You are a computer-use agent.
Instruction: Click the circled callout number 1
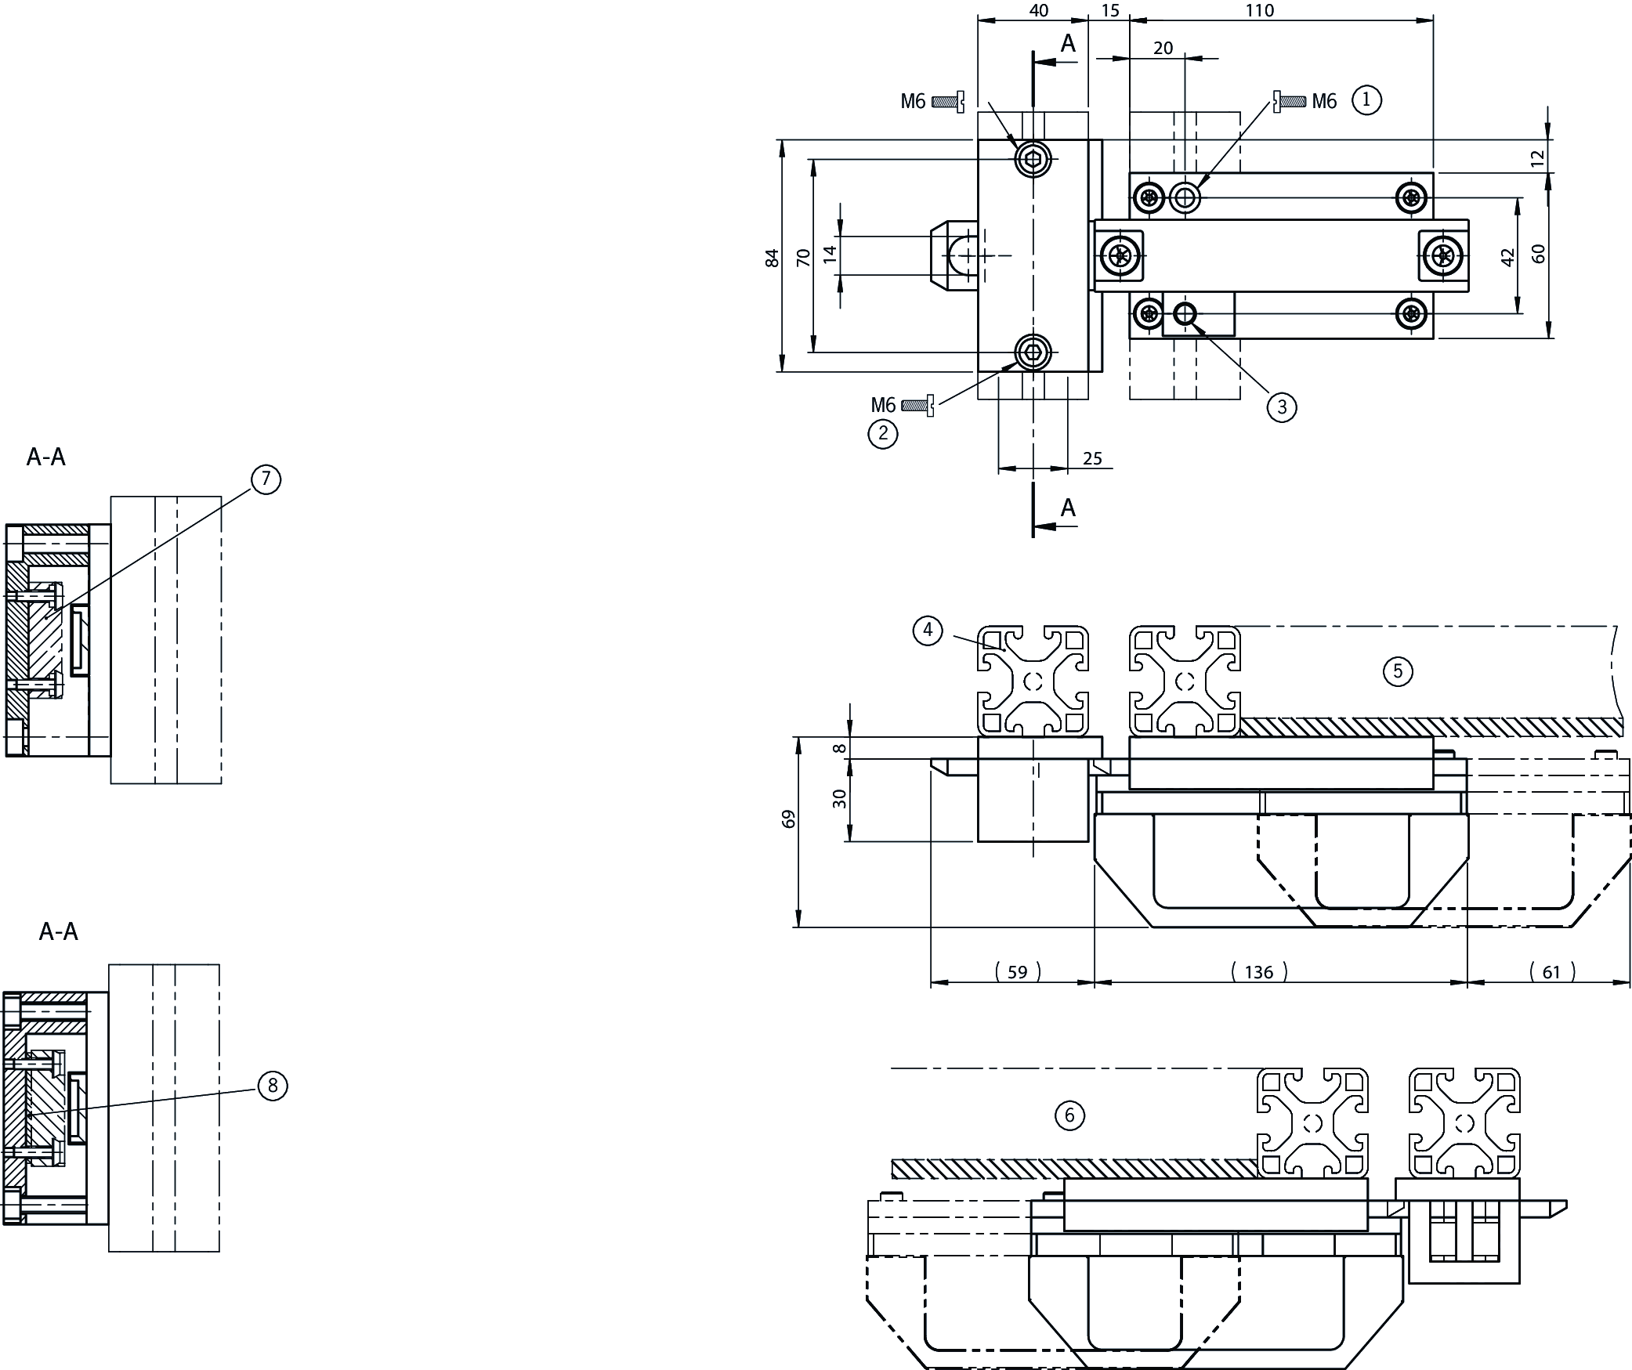pyautogui.click(x=1366, y=100)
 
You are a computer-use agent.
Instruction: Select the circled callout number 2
pyautogui.click(x=883, y=433)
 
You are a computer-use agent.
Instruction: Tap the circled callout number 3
pyautogui.click(x=1282, y=407)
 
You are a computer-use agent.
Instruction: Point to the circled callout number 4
pyautogui.click(x=928, y=630)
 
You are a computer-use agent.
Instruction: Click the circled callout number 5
pyautogui.click(x=1398, y=671)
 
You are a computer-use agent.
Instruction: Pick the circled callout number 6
pyautogui.click(x=1070, y=1115)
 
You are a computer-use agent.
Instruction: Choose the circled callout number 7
pyautogui.click(x=266, y=479)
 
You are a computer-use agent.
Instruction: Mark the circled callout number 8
pyautogui.click(x=273, y=1086)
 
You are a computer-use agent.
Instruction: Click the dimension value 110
pyautogui.click(x=1282, y=10)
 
